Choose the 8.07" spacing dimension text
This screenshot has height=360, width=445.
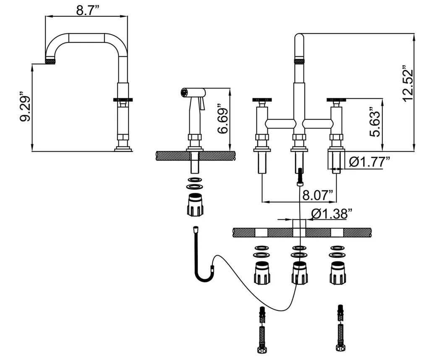[317, 195]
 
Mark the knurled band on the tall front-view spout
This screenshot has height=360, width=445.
[298, 61]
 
